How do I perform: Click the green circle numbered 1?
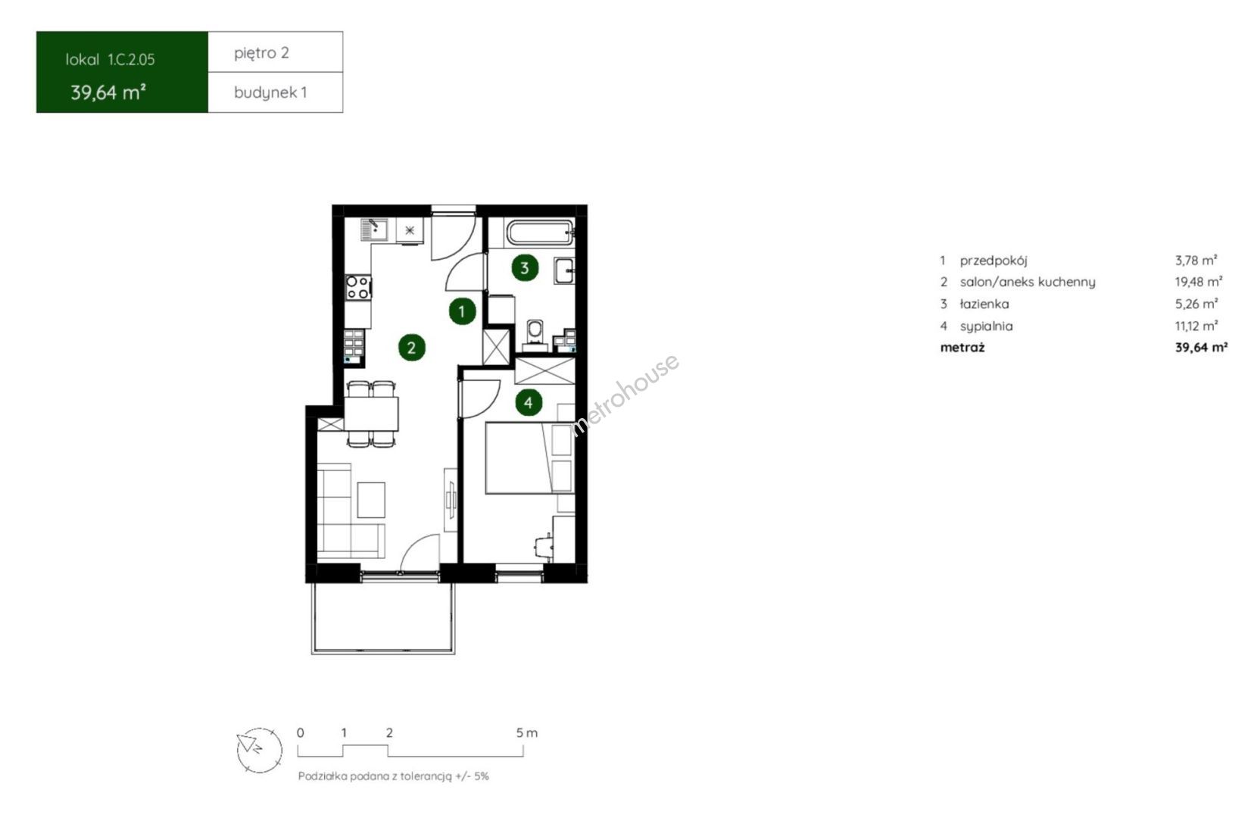coord(462,311)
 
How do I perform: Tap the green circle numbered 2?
coord(411,348)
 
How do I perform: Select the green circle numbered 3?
coord(525,267)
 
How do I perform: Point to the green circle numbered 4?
coord(528,402)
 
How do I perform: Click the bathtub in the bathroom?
coord(540,233)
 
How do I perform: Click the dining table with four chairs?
coord(370,414)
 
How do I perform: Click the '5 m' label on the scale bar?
coord(527,732)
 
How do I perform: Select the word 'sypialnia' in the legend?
coord(986,326)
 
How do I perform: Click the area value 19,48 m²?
coord(1198,282)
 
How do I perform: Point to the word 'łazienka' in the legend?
coord(984,304)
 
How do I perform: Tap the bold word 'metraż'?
coord(962,347)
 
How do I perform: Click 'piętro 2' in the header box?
coord(261,53)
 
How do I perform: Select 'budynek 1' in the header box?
coord(270,92)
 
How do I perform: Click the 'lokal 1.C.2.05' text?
coord(111,59)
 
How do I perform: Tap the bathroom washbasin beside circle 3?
coord(564,270)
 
